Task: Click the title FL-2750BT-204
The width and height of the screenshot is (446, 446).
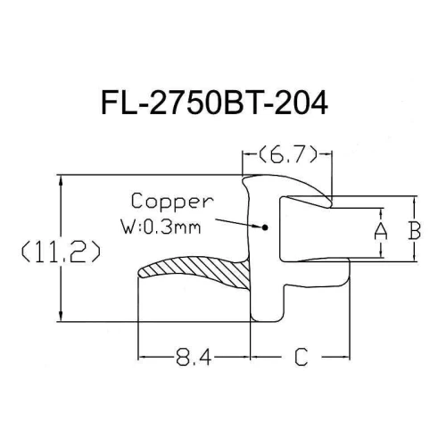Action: point(215,103)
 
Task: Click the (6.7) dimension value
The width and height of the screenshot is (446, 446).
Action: point(287,154)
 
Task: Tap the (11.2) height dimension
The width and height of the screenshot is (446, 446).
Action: point(62,252)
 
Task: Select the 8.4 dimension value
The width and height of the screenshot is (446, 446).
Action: point(194,357)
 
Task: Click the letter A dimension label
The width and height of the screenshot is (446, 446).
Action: point(381,232)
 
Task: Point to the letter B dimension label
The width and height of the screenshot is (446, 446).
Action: point(415,230)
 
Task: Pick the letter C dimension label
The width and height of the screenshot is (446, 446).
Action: point(301,357)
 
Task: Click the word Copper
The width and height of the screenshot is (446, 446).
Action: point(172,202)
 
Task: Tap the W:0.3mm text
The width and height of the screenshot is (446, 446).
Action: point(161,227)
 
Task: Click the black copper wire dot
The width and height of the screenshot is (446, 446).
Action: point(265,227)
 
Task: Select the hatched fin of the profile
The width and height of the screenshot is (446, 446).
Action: point(194,269)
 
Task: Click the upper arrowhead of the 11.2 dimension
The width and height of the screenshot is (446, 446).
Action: point(62,180)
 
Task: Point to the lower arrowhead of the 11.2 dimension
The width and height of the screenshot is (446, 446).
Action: point(62,316)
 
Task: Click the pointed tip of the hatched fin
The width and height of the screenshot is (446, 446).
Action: point(138,272)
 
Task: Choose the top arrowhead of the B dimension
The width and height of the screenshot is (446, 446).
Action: point(415,201)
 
